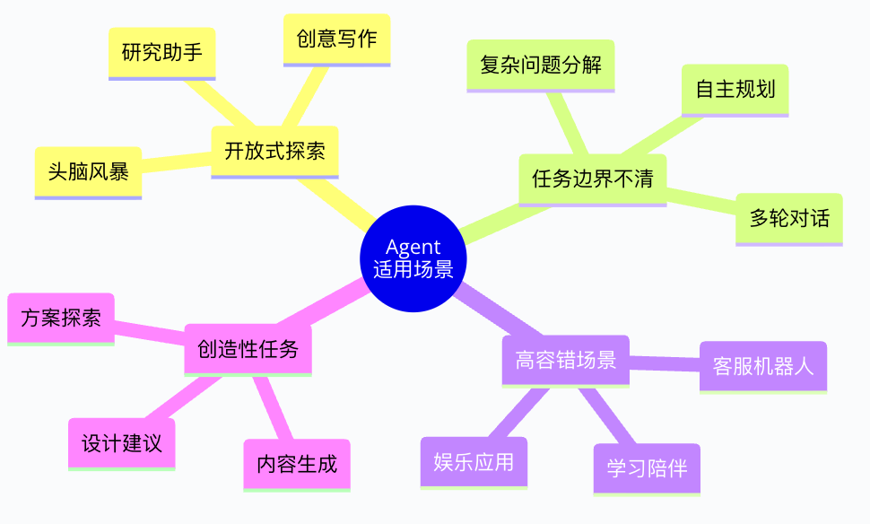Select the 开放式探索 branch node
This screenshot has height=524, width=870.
point(274,151)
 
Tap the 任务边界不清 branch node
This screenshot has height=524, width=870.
point(592,179)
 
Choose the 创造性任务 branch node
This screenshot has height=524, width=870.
point(248,348)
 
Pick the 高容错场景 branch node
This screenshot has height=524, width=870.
point(565,360)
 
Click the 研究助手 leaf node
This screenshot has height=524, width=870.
point(161,52)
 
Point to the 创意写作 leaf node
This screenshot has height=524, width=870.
point(336,39)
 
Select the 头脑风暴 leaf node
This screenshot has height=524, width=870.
point(88,171)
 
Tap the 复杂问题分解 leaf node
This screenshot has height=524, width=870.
point(540,65)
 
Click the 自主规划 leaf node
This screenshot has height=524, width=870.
point(735,89)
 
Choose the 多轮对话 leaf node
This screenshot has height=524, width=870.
point(789,218)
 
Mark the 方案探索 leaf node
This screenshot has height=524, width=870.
point(60,318)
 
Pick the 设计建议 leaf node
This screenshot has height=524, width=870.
point(122,443)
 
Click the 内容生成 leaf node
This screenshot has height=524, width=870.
point(297,464)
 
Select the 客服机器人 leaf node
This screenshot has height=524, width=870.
point(762,366)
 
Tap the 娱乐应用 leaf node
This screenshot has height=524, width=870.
point(474,461)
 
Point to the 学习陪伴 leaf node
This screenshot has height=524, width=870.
point(646,467)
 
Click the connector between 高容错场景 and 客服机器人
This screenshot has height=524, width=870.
point(665,363)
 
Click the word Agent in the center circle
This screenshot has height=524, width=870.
point(413,248)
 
